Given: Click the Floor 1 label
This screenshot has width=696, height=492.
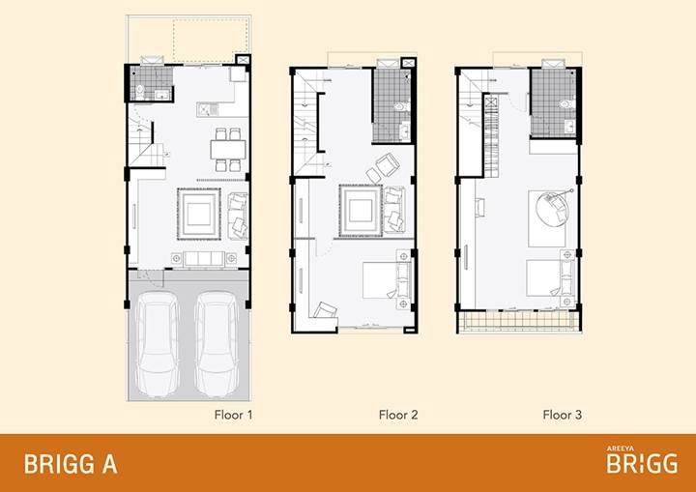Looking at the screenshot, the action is tap(234, 415).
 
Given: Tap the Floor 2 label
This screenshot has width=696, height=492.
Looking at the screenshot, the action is tap(398, 415).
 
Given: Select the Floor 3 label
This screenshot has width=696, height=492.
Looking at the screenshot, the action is tap(562, 415).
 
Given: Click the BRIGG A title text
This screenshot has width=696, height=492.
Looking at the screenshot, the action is tap(71, 464).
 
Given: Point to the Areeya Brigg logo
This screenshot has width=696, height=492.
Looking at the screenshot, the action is tap(642, 460).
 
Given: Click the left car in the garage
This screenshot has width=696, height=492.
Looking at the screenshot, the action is tap(158, 344).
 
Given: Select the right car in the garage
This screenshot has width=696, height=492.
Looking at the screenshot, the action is tap(217, 344).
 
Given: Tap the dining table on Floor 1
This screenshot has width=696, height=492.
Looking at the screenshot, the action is tap(228, 149).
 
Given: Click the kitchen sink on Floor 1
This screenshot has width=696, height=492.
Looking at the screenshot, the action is tap(207, 109).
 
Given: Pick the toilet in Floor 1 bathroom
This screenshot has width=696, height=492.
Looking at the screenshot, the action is tap(140, 92).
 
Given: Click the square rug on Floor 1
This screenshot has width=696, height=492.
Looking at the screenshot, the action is tap(199, 214).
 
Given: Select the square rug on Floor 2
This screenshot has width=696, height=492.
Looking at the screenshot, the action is tap(361, 211).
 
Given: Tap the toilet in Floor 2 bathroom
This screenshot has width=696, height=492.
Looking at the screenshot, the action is tap(402, 106).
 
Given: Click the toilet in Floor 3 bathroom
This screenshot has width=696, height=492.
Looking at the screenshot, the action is tap(566, 104).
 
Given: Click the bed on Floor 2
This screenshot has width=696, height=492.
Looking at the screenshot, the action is tap(387, 279).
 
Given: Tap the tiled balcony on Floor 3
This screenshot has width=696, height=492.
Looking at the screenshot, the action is tap(519, 321).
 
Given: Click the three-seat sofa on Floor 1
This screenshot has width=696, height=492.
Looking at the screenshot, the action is tap(204, 259).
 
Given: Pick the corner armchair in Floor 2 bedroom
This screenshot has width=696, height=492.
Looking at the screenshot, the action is tap(325, 310).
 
